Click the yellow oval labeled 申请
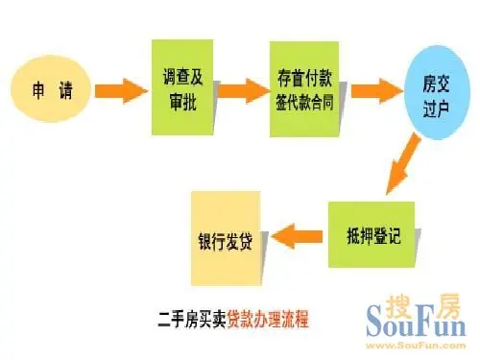(x=50, y=93)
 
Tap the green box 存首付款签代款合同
(x=301, y=84)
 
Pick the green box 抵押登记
(x=371, y=233)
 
